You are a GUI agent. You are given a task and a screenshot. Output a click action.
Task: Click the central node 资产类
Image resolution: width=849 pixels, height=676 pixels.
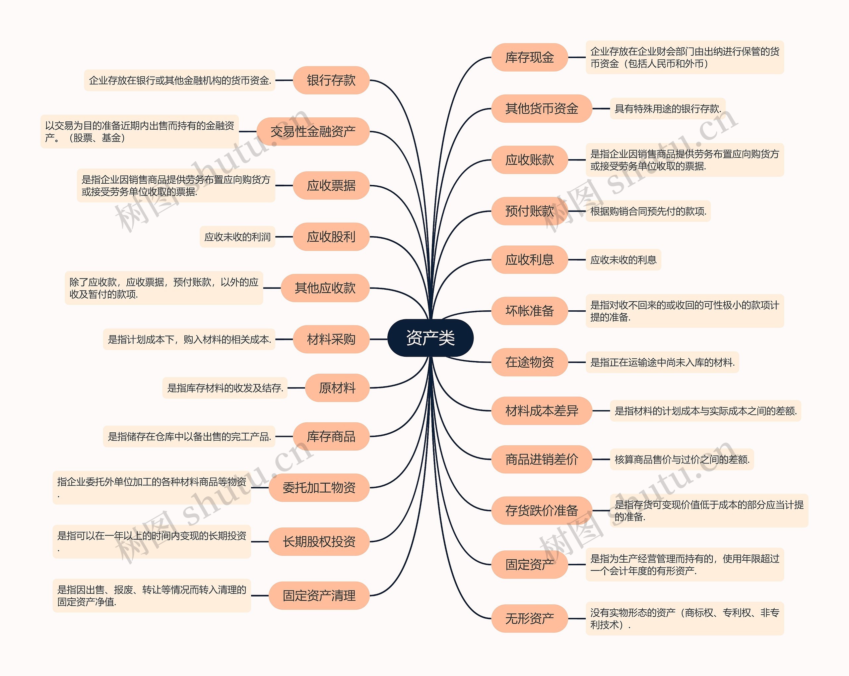pyautogui.click(x=430, y=338)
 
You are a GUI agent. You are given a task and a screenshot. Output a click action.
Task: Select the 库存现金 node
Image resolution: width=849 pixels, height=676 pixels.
pyautogui.click(x=529, y=57)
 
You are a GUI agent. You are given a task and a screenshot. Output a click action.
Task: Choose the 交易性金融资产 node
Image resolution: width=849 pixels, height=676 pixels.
pyautogui.click(x=313, y=132)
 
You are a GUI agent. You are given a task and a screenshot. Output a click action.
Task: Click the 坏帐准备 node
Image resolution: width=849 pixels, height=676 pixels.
pyautogui.click(x=529, y=311)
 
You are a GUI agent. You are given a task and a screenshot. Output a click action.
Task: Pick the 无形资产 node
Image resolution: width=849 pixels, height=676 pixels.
pyautogui.click(x=529, y=619)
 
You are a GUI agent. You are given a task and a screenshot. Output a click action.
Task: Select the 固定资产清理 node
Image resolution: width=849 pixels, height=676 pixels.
pyautogui.click(x=319, y=595)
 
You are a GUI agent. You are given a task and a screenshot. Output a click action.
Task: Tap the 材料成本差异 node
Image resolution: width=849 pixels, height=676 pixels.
pyautogui.click(x=542, y=411)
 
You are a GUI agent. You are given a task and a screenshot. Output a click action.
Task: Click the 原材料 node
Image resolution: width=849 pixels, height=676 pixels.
pyautogui.click(x=337, y=388)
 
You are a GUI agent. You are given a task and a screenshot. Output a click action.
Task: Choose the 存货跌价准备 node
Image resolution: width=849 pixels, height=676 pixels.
pyautogui.click(x=542, y=511)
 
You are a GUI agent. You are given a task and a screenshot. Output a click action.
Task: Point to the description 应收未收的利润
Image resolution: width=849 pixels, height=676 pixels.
pyautogui.click(x=237, y=237)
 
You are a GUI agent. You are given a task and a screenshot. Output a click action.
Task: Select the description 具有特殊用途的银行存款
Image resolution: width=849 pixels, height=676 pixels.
pyautogui.click(x=668, y=109)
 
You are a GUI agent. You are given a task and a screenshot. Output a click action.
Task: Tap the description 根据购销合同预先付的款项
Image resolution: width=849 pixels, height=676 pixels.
pyautogui.click(x=648, y=212)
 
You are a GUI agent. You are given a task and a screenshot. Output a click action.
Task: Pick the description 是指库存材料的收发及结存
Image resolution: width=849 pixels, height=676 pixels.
pyautogui.click(x=225, y=388)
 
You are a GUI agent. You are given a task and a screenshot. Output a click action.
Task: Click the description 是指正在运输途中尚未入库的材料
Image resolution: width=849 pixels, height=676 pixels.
pyautogui.click(x=662, y=362)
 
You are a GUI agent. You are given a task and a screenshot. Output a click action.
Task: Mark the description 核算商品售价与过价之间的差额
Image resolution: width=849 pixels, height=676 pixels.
pyautogui.click(x=682, y=460)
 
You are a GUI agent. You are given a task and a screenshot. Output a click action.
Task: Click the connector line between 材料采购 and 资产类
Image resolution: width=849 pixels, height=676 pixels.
pyautogui.click(x=379, y=339)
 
